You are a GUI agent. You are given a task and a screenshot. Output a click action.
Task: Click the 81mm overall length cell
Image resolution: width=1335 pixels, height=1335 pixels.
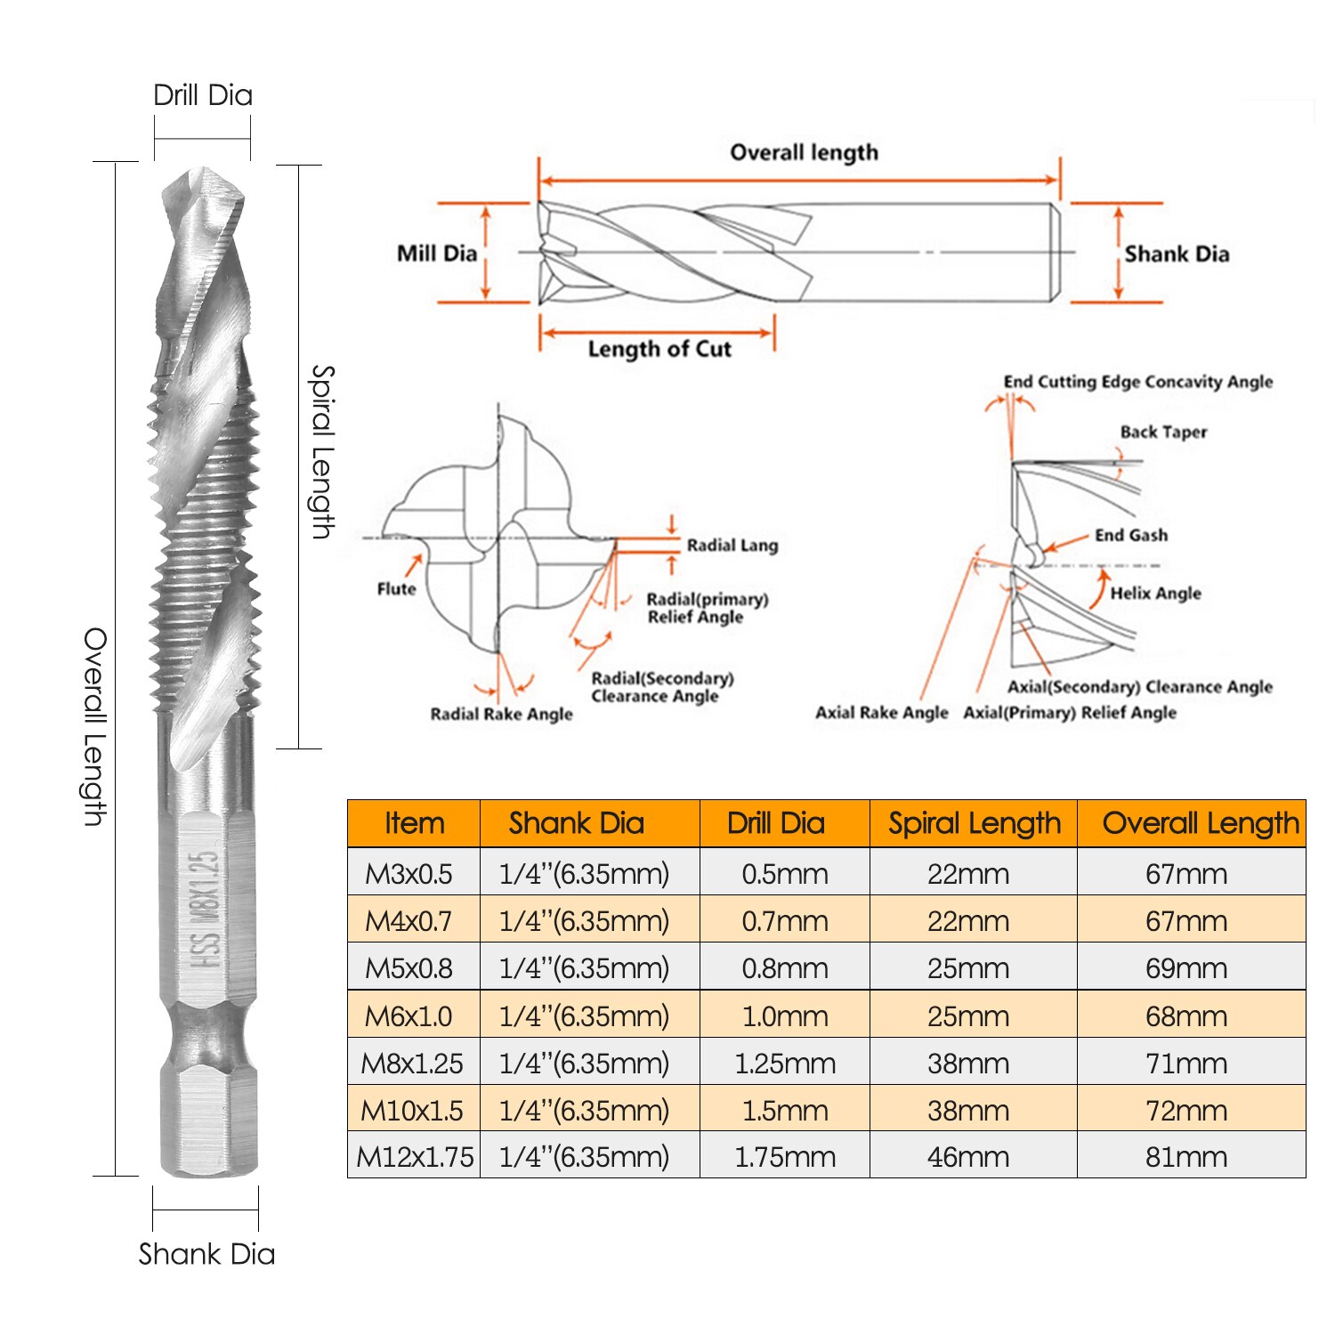[x=1185, y=1156]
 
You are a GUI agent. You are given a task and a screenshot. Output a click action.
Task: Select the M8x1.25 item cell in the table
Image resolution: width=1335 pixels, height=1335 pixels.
[x=412, y=1063]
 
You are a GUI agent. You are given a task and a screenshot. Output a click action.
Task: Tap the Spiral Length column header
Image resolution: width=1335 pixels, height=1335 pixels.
[x=974, y=823]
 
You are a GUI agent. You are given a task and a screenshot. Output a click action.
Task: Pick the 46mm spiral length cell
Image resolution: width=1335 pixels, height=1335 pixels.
[x=967, y=1156]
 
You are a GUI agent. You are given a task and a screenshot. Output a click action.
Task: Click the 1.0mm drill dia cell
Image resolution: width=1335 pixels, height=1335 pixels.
[x=784, y=1015]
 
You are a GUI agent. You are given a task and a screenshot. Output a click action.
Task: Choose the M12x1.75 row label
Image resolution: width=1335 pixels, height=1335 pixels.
[x=415, y=1156]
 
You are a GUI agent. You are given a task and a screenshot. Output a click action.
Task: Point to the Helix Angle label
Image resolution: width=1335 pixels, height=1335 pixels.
[x=1155, y=593]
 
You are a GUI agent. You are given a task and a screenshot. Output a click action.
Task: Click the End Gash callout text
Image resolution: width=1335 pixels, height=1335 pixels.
[x=1130, y=535]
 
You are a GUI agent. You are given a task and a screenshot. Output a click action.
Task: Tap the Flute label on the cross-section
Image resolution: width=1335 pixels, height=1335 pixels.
[x=396, y=588]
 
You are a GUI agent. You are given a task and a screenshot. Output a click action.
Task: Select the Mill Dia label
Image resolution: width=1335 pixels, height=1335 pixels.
[x=437, y=254]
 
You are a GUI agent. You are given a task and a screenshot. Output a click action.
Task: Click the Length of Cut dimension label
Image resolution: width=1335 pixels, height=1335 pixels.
[x=659, y=349]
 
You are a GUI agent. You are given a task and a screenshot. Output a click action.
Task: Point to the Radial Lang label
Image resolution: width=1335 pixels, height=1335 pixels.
[x=732, y=546]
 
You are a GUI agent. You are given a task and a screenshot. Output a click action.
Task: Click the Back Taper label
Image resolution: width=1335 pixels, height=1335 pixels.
[x=1163, y=432]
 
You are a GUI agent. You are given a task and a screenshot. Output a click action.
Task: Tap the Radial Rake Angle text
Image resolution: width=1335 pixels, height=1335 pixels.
[x=501, y=714]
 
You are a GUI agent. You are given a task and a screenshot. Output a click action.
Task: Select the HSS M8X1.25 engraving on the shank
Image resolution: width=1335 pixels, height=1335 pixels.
[x=206, y=908]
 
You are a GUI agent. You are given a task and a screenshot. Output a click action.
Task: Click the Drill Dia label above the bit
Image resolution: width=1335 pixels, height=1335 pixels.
[x=203, y=95]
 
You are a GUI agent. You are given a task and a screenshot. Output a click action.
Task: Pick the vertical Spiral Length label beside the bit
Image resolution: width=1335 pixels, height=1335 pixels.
[x=321, y=451]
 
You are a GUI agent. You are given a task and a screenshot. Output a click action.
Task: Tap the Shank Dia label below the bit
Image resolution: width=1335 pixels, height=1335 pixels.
[x=206, y=1253]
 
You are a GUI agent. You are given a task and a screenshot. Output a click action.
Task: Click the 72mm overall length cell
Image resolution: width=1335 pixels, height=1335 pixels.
[x=1185, y=1110]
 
